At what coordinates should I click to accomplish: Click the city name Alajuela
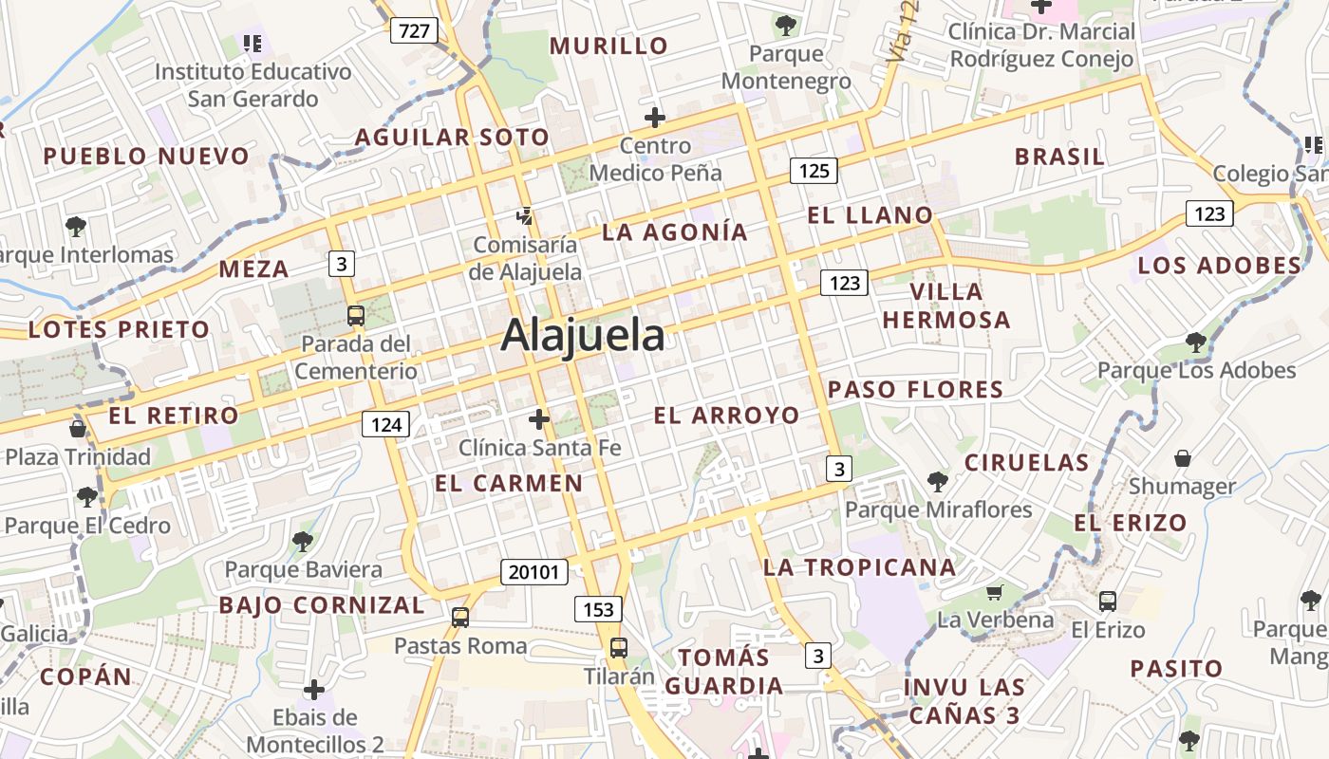tap(583, 336)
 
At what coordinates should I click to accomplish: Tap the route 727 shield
tap(414, 31)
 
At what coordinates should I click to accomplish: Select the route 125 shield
tap(814, 171)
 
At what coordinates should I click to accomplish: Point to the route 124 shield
tap(385, 424)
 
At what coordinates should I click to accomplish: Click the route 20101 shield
tap(534, 572)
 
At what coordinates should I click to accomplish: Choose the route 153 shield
tap(597, 608)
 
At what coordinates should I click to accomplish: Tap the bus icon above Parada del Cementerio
tap(355, 316)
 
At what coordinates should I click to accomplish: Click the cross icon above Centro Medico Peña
tap(655, 119)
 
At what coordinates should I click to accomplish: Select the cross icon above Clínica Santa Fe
tap(539, 418)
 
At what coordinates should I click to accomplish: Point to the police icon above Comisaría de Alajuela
tap(524, 217)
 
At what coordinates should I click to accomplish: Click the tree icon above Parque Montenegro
tap(785, 26)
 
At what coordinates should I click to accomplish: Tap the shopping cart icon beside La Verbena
tap(994, 593)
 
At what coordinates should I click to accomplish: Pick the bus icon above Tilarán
tap(618, 648)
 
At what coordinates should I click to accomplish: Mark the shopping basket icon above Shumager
tap(1183, 459)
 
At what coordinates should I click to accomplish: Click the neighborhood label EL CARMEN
tap(509, 483)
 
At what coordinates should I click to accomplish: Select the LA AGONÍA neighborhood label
tap(675, 232)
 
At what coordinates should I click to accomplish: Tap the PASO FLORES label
tap(915, 390)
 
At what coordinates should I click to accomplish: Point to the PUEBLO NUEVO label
tap(146, 157)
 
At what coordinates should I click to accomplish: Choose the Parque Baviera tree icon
tap(303, 542)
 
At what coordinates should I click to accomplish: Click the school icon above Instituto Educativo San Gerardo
tap(252, 43)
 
